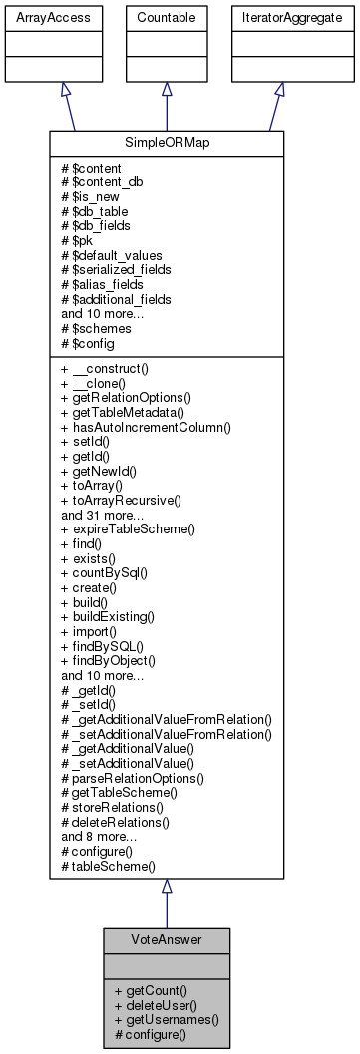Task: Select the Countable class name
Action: click(167, 18)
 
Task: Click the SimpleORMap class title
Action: click(167, 141)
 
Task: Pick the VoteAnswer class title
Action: click(167, 940)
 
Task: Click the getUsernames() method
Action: click(167, 1020)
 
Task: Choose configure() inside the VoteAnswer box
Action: click(152, 1035)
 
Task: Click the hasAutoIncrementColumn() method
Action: click(146, 456)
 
